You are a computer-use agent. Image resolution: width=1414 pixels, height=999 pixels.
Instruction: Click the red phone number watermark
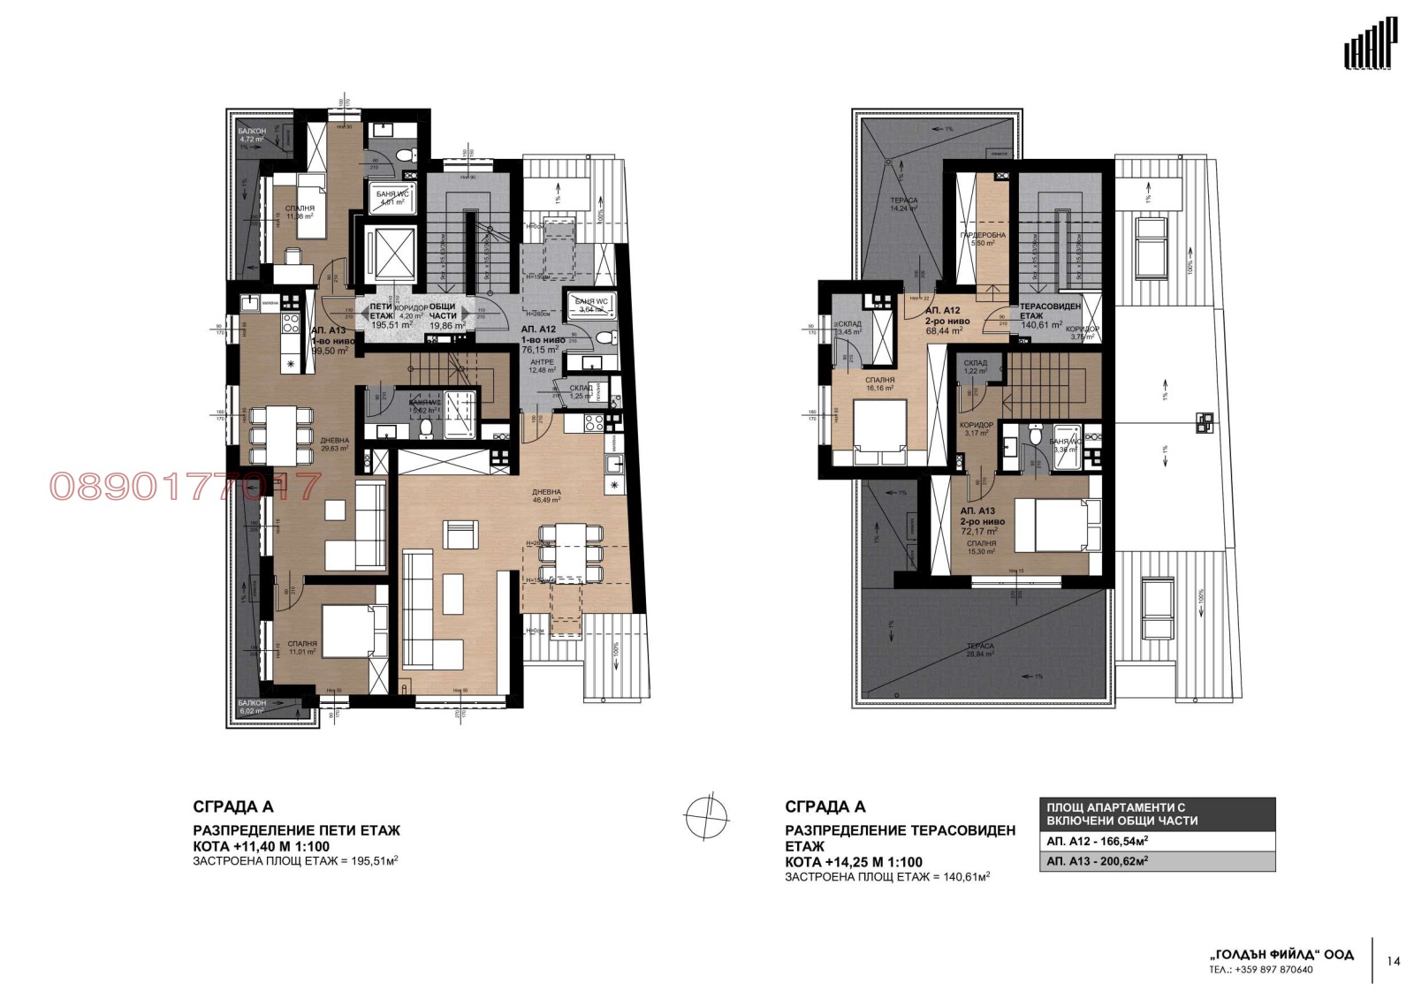(x=185, y=487)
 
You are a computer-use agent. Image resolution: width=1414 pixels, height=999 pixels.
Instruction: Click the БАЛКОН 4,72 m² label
(x=252, y=135)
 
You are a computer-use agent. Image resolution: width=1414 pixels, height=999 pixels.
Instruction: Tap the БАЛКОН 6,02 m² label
(x=252, y=708)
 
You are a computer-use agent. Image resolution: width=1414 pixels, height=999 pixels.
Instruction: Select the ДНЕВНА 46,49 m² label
(x=546, y=496)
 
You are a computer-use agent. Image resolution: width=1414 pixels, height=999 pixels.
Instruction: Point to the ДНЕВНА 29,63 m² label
(x=334, y=444)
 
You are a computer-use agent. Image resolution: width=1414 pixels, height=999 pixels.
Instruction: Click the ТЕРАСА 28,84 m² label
(x=980, y=650)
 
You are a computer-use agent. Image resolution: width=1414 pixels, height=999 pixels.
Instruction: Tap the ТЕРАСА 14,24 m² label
(x=903, y=205)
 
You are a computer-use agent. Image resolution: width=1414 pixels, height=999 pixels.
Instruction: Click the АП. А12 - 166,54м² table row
(x=1157, y=841)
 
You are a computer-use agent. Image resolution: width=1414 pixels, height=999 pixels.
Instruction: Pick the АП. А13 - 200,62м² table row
(x=1157, y=861)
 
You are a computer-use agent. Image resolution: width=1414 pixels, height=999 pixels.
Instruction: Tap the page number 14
(x=1394, y=961)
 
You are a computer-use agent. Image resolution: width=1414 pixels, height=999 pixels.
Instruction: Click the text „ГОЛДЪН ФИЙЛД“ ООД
(x=1281, y=954)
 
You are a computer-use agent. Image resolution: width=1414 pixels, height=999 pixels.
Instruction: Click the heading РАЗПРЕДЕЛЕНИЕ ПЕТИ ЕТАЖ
(x=296, y=830)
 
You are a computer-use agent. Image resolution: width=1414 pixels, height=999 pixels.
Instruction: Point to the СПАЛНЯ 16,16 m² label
(x=879, y=383)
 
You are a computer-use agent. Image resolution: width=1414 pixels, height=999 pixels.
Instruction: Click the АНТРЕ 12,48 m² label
(x=542, y=366)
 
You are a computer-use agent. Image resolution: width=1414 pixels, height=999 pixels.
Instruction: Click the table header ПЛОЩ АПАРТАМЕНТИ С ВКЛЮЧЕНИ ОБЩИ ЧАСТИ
(x=1157, y=814)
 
